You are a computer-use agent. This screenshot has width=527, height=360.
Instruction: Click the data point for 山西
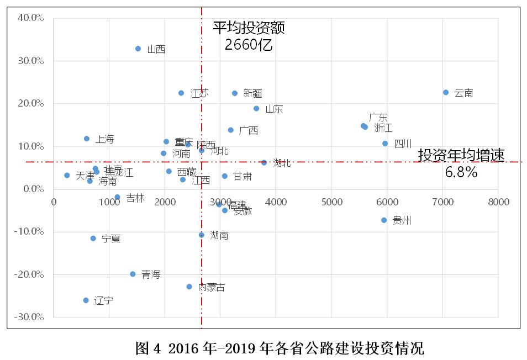point(138,49)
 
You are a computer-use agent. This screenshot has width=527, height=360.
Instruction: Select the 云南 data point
point(446,92)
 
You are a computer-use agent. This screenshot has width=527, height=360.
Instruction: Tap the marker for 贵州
point(384,220)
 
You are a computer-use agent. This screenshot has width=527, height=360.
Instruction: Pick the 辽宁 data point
point(86,300)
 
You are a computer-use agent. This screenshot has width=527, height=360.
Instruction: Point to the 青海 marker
point(133,274)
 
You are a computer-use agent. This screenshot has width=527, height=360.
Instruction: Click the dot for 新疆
point(235,93)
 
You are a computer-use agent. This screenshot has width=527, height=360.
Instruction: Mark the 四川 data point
point(385,144)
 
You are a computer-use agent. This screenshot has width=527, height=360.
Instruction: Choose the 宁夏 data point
point(93,239)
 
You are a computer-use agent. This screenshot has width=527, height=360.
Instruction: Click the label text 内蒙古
point(212,288)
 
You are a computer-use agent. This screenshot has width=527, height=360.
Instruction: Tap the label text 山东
point(274,109)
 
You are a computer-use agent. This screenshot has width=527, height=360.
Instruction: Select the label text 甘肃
point(243,176)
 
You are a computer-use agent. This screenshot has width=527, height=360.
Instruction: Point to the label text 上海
point(105,139)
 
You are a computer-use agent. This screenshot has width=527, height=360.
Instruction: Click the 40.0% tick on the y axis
point(31,18)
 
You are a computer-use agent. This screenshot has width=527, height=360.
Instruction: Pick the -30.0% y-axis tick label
point(29,317)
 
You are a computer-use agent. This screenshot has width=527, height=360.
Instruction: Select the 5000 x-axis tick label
point(331,202)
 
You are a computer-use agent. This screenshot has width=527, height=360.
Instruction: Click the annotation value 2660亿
point(249,45)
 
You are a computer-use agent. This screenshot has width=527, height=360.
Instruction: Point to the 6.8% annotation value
point(461,172)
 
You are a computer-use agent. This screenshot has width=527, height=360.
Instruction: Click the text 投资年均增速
point(461,155)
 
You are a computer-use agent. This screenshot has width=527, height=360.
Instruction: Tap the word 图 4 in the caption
point(147,349)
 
